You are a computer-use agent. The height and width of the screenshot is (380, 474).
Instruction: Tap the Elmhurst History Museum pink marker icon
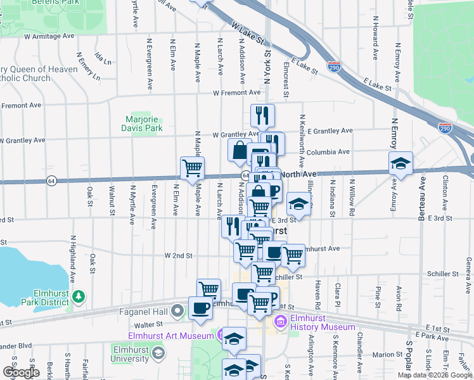click(281, 323)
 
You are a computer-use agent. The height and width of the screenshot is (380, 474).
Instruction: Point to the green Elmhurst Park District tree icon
click(79, 296)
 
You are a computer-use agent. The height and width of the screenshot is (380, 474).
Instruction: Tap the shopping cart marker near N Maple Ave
click(192, 168)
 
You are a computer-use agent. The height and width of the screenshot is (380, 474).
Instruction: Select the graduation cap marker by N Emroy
click(400, 163)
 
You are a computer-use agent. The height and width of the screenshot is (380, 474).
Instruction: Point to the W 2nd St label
click(178, 256)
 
